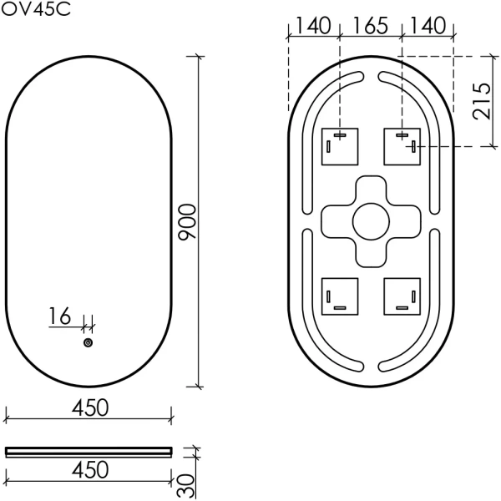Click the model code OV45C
(35, 11)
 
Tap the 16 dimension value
(60, 316)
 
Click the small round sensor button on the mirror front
(88, 342)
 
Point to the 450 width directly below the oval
(89, 407)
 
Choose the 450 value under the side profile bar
(89, 470)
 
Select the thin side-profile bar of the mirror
(89, 452)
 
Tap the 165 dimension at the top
(370, 25)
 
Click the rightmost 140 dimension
(428, 25)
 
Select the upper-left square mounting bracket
(340, 145)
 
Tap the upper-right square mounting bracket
(401, 145)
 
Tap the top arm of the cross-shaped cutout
(369, 188)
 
